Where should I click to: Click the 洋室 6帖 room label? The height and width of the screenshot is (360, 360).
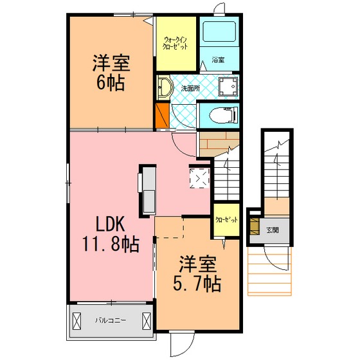(111, 73)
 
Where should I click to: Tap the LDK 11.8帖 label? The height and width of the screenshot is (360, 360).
(111, 235)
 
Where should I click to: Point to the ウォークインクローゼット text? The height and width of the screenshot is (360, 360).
(175, 43)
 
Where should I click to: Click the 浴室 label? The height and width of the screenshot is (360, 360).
(218, 60)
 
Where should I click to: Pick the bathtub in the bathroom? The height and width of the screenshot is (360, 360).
(219, 32)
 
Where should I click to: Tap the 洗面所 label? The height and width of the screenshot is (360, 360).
(190, 89)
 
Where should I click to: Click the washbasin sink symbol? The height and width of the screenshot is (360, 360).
(165, 87)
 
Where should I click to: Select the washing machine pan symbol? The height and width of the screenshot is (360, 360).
(228, 87)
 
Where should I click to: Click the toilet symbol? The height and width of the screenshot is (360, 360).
(224, 115)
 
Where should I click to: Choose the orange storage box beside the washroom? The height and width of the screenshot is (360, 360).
(162, 116)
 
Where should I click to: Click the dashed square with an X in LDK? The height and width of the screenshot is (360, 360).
(199, 178)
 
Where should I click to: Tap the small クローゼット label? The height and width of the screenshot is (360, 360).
(226, 220)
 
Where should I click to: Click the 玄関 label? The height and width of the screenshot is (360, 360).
(273, 230)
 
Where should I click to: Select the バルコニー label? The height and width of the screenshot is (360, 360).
(111, 320)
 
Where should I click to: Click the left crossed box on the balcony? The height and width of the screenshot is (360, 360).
(76, 321)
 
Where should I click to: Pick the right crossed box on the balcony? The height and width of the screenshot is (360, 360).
(146, 321)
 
